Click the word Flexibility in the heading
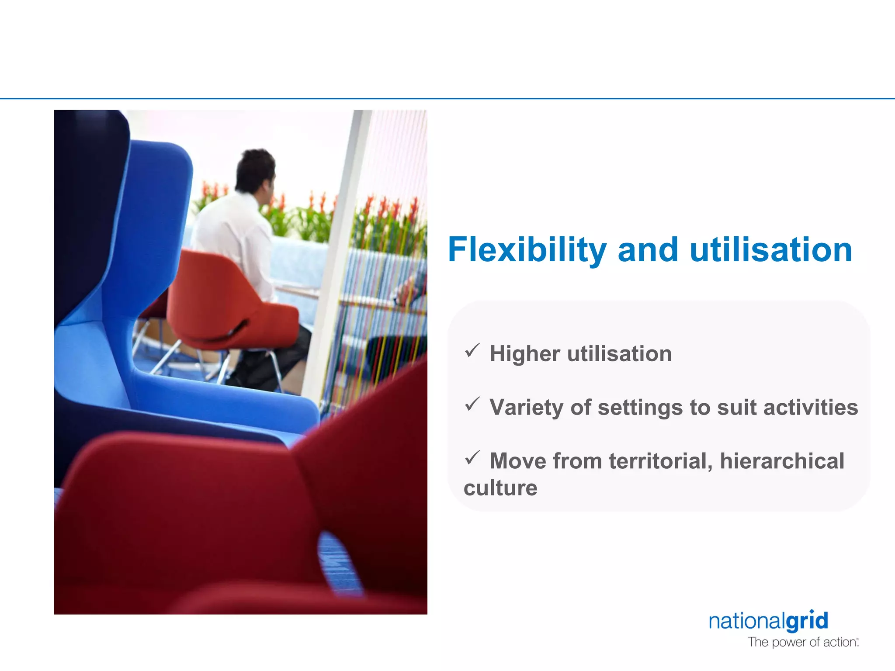527,250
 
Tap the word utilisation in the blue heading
771,250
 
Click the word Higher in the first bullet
524,354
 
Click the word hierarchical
782,461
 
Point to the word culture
500,488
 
